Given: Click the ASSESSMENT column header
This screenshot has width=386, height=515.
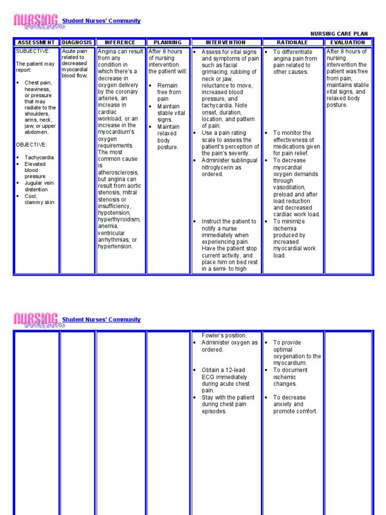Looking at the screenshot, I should click(35, 43).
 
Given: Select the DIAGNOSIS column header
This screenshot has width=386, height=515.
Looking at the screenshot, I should click(77, 43).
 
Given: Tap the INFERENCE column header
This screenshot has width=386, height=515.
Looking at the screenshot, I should click(120, 43).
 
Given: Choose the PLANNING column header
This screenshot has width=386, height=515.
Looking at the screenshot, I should click(167, 43).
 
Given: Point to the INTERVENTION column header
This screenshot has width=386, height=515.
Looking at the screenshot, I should click(226, 43).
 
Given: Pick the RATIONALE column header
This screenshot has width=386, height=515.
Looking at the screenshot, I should click(293, 43).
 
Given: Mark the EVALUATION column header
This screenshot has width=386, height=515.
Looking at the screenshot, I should click(348, 43).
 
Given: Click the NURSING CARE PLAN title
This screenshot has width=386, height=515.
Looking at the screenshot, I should click(339, 34).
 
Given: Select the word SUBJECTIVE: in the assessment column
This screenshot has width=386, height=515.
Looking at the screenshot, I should click(33, 51).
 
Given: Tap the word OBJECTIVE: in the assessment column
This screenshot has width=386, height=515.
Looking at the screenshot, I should click(31, 145).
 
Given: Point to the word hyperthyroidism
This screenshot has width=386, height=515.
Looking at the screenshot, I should click(119, 220).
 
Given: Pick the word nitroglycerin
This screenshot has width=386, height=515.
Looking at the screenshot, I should click(222, 167).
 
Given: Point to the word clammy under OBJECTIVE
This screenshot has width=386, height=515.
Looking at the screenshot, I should click(34, 202).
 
